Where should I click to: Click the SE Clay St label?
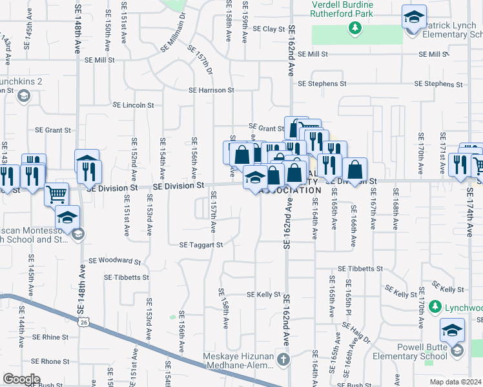pos(269,29)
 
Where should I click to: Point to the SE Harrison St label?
pos(211,90)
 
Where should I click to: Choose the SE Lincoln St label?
pos(134,104)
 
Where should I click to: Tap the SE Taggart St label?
pos(201,245)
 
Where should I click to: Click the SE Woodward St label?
pos(114,261)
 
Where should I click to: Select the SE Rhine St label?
pos(50,337)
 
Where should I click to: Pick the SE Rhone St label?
pos(50,362)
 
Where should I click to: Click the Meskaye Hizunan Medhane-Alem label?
pos(239,362)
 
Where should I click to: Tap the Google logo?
pos(21,379)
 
